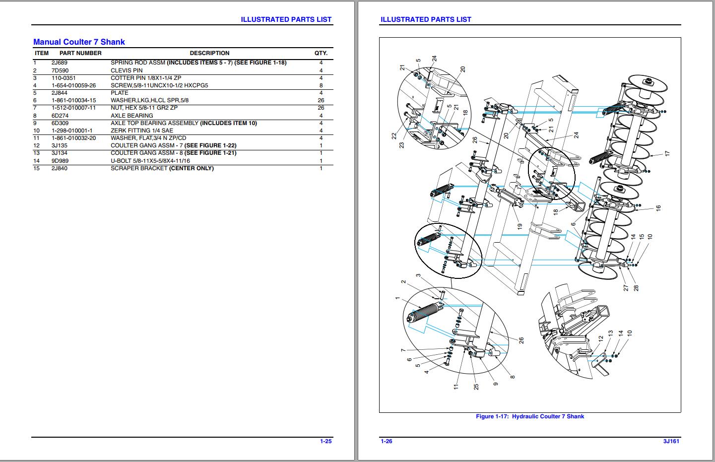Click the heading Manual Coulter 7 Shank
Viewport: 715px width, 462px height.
point(79,42)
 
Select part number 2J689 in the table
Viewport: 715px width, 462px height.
point(60,63)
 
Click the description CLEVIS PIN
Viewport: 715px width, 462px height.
point(127,70)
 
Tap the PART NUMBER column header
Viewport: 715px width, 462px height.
point(80,53)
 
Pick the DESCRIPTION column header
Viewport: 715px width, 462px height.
point(209,53)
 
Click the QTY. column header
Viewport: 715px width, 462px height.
point(321,53)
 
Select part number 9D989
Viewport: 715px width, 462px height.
point(60,161)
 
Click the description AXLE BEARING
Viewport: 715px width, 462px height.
point(131,116)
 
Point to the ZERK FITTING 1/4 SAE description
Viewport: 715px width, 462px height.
point(142,131)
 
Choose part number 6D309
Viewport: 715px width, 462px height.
point(60,123)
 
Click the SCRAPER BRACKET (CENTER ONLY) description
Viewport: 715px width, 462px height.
point(162,168)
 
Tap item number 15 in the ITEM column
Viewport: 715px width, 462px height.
point(36,168)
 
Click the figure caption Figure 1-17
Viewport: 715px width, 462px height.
point(529,416)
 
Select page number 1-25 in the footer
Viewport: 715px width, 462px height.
point(325,441)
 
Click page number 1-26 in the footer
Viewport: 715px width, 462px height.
point(387,441)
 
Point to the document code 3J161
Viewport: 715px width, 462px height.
point(671,441)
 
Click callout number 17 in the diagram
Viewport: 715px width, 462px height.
point(667,154)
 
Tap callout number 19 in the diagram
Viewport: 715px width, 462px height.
point(520,226)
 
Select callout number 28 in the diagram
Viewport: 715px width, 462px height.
point(636,288)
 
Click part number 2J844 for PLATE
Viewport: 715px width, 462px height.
point(60,93)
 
